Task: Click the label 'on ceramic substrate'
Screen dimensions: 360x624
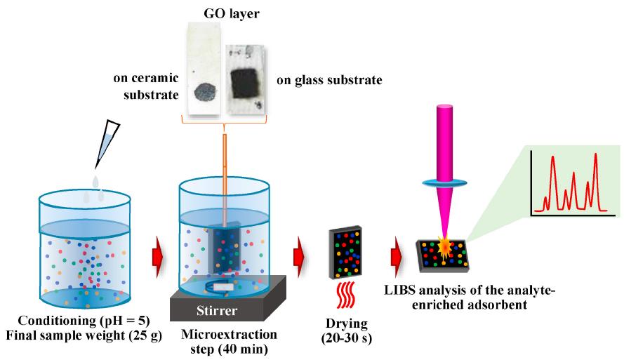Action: click(146, 86)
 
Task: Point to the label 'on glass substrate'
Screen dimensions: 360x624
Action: click(329, 80)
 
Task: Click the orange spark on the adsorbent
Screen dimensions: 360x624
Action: click(445, 246)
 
